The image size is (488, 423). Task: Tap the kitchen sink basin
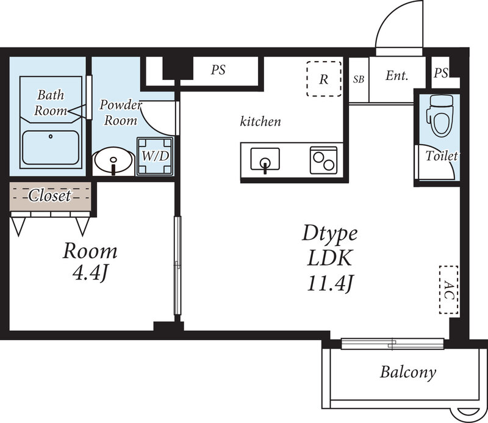[x=265, y=159]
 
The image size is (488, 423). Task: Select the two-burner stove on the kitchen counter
[x=323, y=160]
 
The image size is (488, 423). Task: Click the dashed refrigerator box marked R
[x=324, y=79]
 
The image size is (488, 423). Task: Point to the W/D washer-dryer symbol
[x=155, y=156]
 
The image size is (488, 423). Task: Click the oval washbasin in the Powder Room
[x=113, y=161]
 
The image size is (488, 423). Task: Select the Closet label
[x=50, y=195]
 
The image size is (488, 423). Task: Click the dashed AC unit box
[x=448, y=290]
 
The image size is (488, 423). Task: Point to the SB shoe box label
[x=359, y=79]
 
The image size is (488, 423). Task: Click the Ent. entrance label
[x=397, y=76]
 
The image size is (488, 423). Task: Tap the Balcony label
[x=408, y=372]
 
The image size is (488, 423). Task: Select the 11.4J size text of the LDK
[x=330, y=283]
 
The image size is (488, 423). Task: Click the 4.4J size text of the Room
[x=90, y=273]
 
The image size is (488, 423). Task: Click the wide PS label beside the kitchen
[x=218, y=70]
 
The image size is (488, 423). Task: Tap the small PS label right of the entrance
[x=441, y=73]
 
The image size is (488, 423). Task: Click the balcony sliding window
[x=392, y=344]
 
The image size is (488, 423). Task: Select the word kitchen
[x=260, y=121]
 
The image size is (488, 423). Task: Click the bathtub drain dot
[x=51, y=136]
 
